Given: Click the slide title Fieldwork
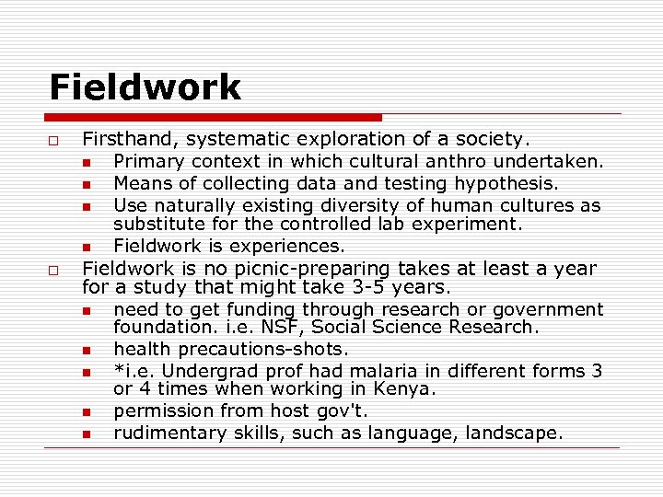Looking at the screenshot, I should click(145, 87).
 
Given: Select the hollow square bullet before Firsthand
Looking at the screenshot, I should click(54, 141).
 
